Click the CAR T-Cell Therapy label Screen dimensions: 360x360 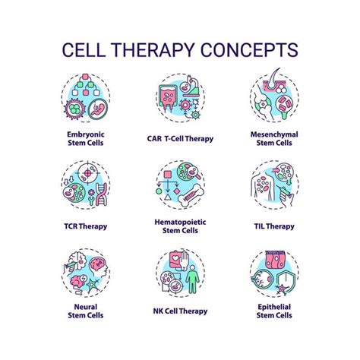[x=180, y=140]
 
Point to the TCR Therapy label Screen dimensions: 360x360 [x=85, y=226]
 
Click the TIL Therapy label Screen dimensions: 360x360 [x=275, y=226]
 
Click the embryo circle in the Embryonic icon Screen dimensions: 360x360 [x=96, y=110]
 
